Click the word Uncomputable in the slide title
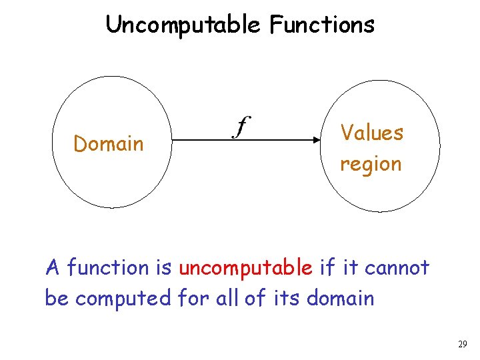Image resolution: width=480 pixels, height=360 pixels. pyautogui.click(x=183, y=25)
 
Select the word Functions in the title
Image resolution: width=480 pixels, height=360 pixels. pyautogui.click(x=322, y=25)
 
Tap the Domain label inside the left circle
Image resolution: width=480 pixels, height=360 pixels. pyautogui.click(x=109, y=144)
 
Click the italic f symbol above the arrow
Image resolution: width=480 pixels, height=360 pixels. pyautogui.click(x=241, y=125)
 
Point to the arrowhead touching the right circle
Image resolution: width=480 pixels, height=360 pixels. pyautogui.click(x=317, y=140)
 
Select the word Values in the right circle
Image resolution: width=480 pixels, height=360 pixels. pyautogui.click(x=372, y=133)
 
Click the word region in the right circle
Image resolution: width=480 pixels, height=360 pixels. pyautogui.click(x=371, y=164)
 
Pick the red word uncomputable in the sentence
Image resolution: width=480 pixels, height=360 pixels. pyautogui.click(x=246, y=268)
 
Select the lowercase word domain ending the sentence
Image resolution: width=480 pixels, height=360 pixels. pyautogui.click(x=340, y=299)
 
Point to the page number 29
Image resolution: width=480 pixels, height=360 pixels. pyautogui.click(x=463, y=345)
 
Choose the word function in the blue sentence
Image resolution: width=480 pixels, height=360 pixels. pyautogui.click(x=109, y=268)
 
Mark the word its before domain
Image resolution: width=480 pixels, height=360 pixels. pyautogui.click(x=287, y=299)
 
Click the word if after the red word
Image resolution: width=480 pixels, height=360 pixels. pyautogui.click(x=327, y=268)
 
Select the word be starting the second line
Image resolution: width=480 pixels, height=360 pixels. pyautogui.click(x=57, y=299)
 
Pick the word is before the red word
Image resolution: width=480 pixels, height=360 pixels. pyautogui.click(x=164, y=268)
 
